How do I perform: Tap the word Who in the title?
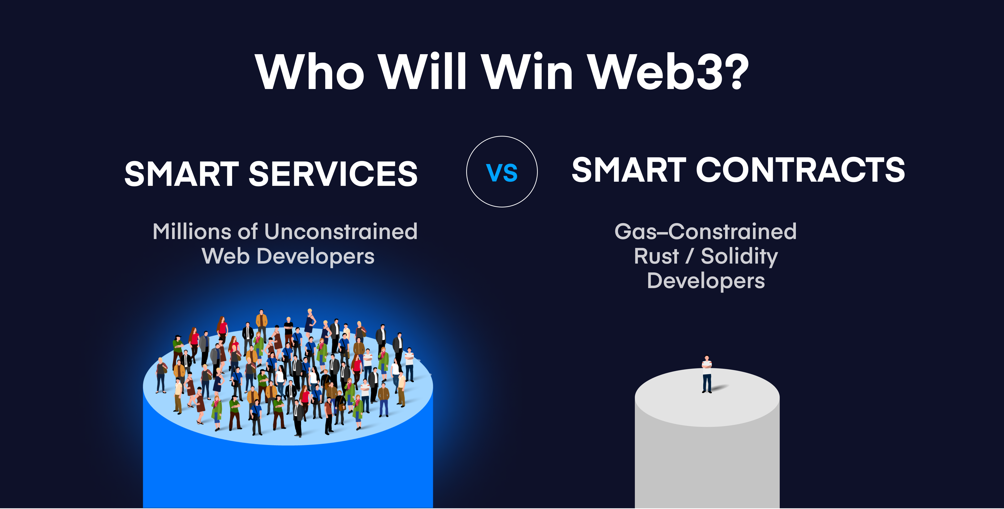310,72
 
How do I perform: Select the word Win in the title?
527,72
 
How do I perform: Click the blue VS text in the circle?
502,173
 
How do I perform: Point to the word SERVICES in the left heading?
333,174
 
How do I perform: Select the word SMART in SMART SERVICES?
182,174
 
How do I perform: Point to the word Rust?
656,256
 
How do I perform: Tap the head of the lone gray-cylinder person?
707,358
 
